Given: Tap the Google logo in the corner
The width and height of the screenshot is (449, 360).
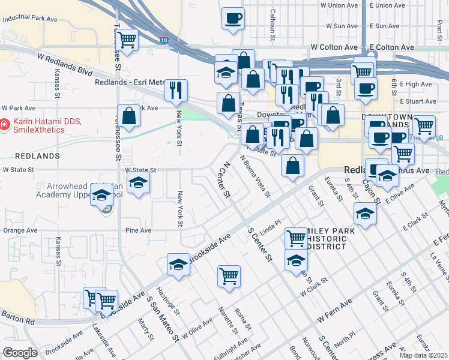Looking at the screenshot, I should [x=20, y=352].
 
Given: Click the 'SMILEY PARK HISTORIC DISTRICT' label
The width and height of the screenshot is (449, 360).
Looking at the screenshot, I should [x=326, y=238].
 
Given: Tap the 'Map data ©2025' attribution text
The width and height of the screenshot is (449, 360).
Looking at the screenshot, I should [x=424, y=355].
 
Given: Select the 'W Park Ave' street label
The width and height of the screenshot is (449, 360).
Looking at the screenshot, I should [x=19, y=109].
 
